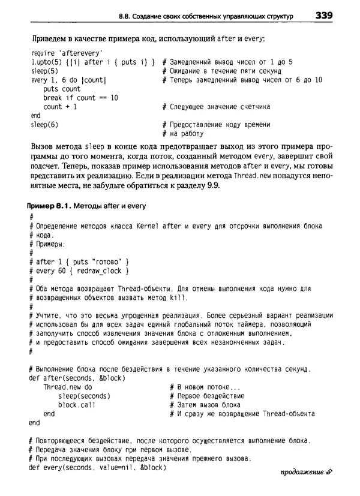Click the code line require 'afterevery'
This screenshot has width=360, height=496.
pos(66,52)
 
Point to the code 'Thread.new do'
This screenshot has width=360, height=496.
pos(67,387)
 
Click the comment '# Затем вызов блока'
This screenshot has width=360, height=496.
pos(205,405)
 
